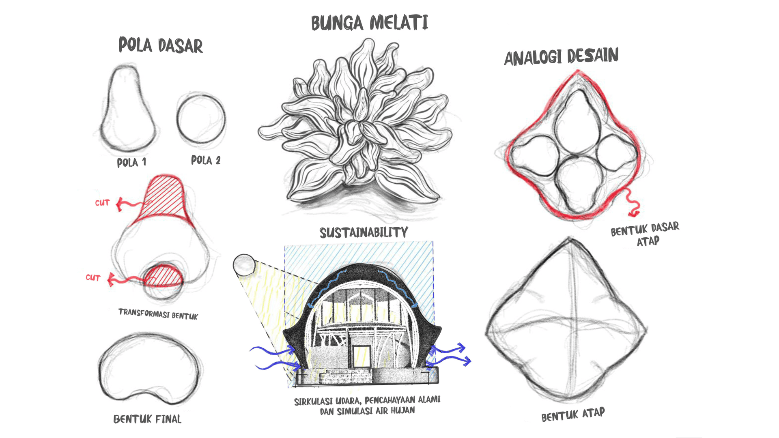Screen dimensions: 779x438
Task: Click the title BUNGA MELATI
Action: (370, 23)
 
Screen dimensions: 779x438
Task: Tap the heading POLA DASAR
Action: (161, 45)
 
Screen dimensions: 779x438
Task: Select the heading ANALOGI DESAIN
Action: (562, 56)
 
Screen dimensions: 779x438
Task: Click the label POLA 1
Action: (131, 162)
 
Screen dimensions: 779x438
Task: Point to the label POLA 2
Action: (206, 160)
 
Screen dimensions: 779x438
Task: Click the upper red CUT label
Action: (102, 203)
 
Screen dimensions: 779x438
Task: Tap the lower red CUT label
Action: (93, 278)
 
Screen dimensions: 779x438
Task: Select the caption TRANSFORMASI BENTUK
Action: (158, 314)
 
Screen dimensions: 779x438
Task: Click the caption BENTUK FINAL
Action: (147, 419)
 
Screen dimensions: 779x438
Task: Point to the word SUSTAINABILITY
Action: (364, 232)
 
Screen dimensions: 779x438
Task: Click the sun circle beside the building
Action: (244, 265)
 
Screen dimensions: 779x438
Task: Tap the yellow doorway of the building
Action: (362, 356)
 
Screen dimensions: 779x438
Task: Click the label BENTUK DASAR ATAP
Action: (645, 234)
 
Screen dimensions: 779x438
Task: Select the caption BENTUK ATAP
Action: (573, 414)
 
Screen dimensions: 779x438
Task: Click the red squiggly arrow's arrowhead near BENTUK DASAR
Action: (633, 213)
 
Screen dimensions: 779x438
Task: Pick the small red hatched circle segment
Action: (163, 276)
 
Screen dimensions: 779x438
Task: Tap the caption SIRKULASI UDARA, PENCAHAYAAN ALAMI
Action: (367, 400)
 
